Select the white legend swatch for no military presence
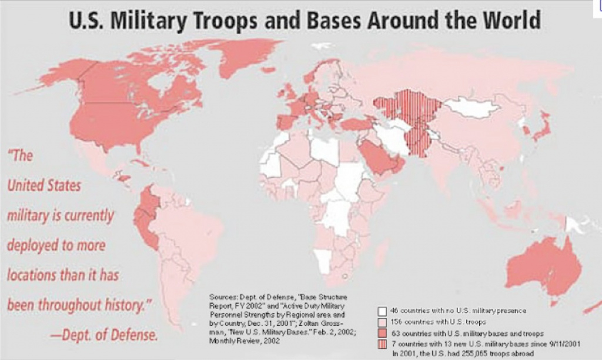(x=382, y=310)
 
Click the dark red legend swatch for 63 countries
(x=382, y=332)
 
